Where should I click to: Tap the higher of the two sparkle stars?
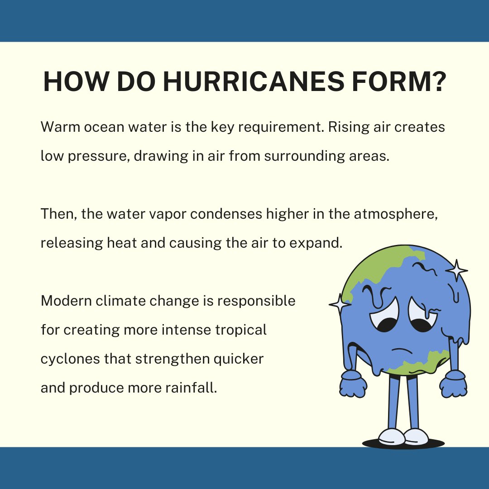[456, 270]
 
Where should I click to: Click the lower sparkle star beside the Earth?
[340, 304]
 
